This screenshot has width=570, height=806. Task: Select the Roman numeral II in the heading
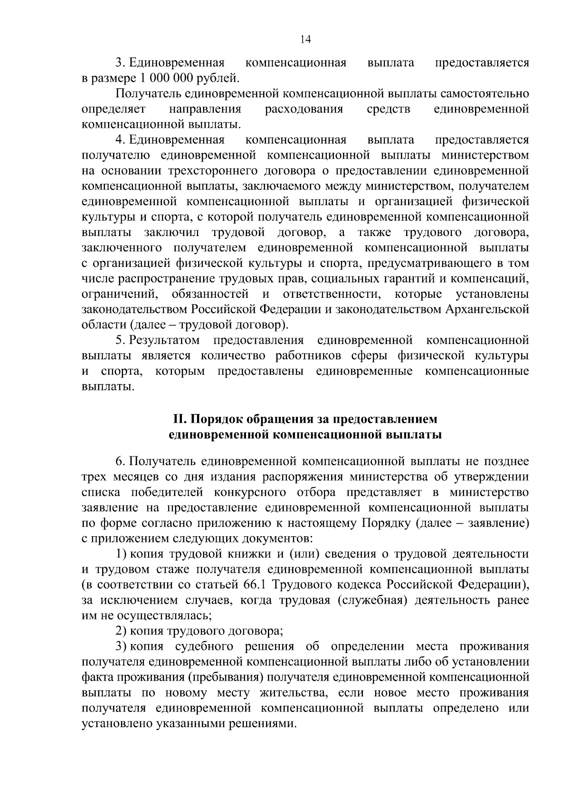click(x=180, y=419)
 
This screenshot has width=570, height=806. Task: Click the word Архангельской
click(x=486, y=310)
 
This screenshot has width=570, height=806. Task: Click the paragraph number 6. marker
click(x=120, y=461)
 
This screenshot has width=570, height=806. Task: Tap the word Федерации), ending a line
click(x=493, y=585)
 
